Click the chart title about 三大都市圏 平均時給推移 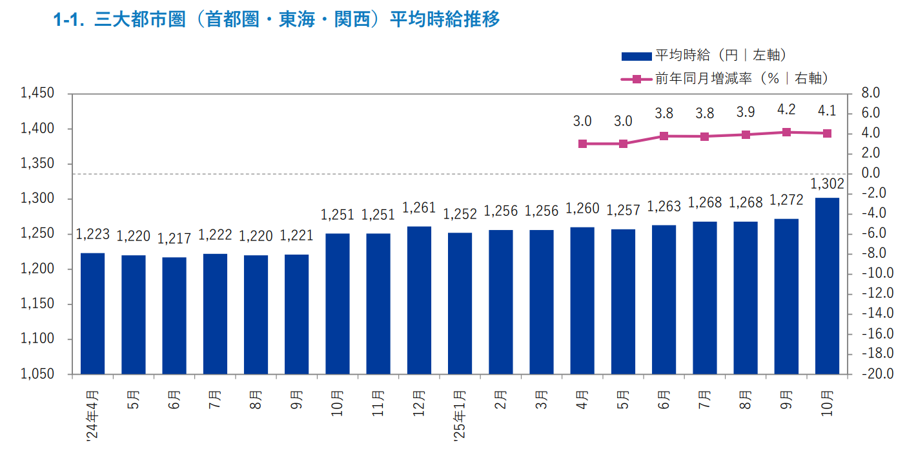277,19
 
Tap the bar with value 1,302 827,286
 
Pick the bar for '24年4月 92,313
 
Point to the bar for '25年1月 460,303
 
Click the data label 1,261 419,208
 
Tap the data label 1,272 786,201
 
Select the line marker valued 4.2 786,132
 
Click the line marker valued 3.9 746,134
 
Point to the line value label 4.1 827,111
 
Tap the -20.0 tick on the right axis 879,374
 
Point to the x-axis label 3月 542,399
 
